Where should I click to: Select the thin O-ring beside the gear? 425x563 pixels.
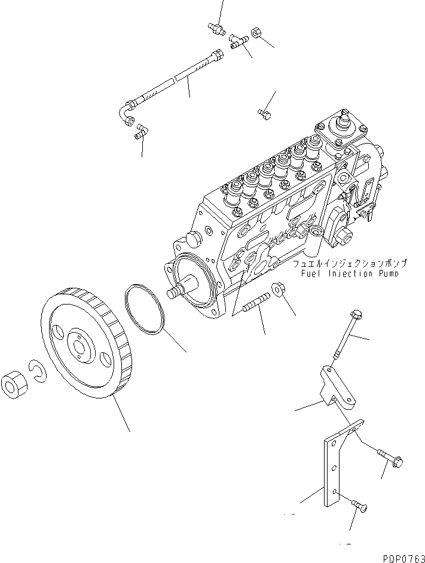[145, 310]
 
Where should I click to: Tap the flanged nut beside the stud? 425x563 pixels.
[278, 290]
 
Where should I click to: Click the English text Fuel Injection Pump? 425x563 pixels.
[351, 273]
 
